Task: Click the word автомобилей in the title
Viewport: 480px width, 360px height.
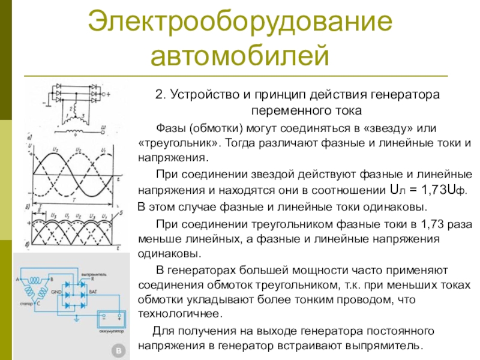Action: click(240, 56)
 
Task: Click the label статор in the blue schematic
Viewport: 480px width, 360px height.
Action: click(28, 304)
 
